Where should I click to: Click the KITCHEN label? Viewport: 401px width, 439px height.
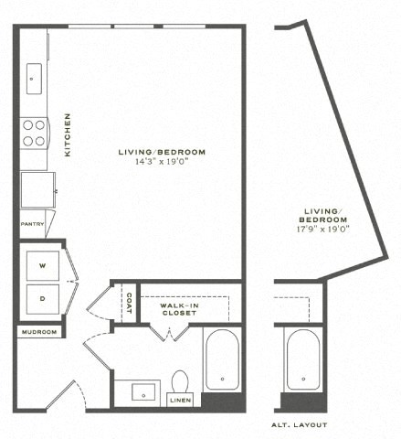(68, 134)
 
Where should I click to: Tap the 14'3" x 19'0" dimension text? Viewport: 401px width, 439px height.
(162, 162)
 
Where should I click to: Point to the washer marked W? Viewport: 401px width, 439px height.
(41, 265)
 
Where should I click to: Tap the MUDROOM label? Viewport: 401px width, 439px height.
(39, 331)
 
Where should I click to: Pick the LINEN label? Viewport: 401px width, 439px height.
(180, 399)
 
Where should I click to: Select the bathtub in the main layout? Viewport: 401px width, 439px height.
(222, 359)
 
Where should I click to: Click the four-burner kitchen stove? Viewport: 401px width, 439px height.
(34, 134)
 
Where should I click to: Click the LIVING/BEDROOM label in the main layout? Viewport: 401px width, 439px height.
(162, 151)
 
